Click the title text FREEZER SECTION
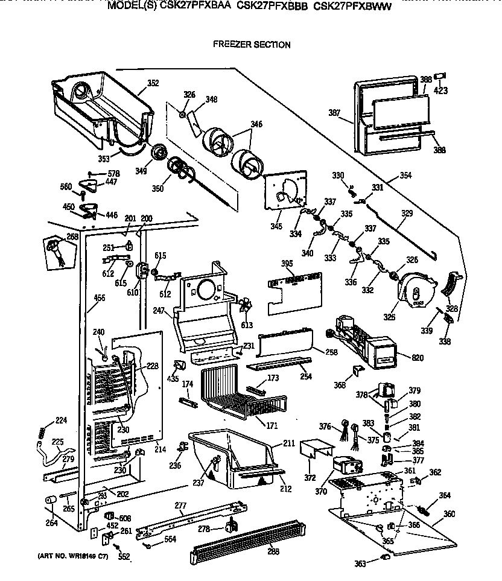pyautogui.click(x=252, y=45)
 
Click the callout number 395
pyautogui.click(x=287, y=263)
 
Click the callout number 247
pyautogui.click(x=159, y=312)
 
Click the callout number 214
pyautogui.click(x=159, y=449)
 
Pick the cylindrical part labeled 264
pyautogui.click(x=51, y=500)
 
